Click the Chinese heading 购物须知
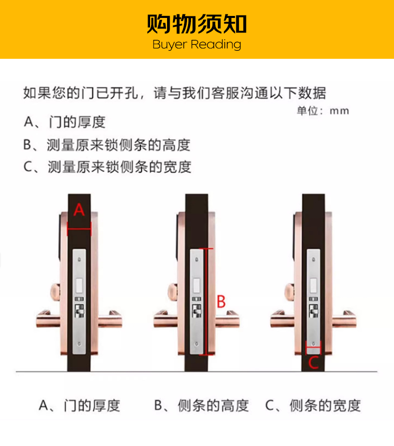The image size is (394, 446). pos(197,24)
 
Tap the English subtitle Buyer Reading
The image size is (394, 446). pos(197,45)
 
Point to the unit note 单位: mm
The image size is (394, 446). pos(323,111)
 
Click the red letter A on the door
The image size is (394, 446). pos(79,210)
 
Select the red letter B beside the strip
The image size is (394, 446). pos(221,301)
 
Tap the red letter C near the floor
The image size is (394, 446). pos(313,363)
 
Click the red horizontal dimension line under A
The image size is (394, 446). pos(79,229)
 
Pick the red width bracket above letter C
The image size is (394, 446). pos(313,347)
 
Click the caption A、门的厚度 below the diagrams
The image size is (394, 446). pos(79,405)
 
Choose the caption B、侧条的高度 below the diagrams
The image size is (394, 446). pos(201,405)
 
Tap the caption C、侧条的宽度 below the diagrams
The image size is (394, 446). pos(313,405)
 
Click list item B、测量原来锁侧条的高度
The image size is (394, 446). pos(107,145)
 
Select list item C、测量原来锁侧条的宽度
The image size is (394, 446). pos(107,166)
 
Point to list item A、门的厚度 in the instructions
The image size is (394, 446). pos(65,122)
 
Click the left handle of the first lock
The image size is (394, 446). pos(48,319)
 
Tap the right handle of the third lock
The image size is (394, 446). pos(344,319)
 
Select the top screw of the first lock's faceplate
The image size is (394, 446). pos(79,260)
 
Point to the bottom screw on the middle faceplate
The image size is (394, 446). pos(197,344)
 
